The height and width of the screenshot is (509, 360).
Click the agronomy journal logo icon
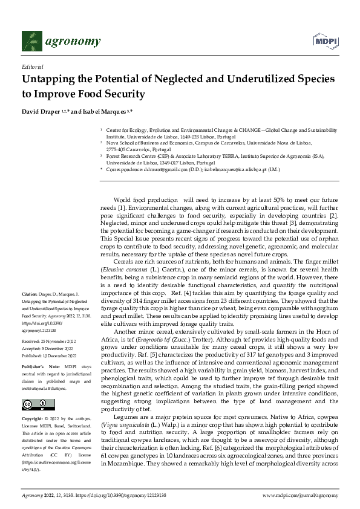pos(31,41)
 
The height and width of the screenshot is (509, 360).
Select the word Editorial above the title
pos(31,68)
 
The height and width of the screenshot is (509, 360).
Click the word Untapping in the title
pos(50,80)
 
